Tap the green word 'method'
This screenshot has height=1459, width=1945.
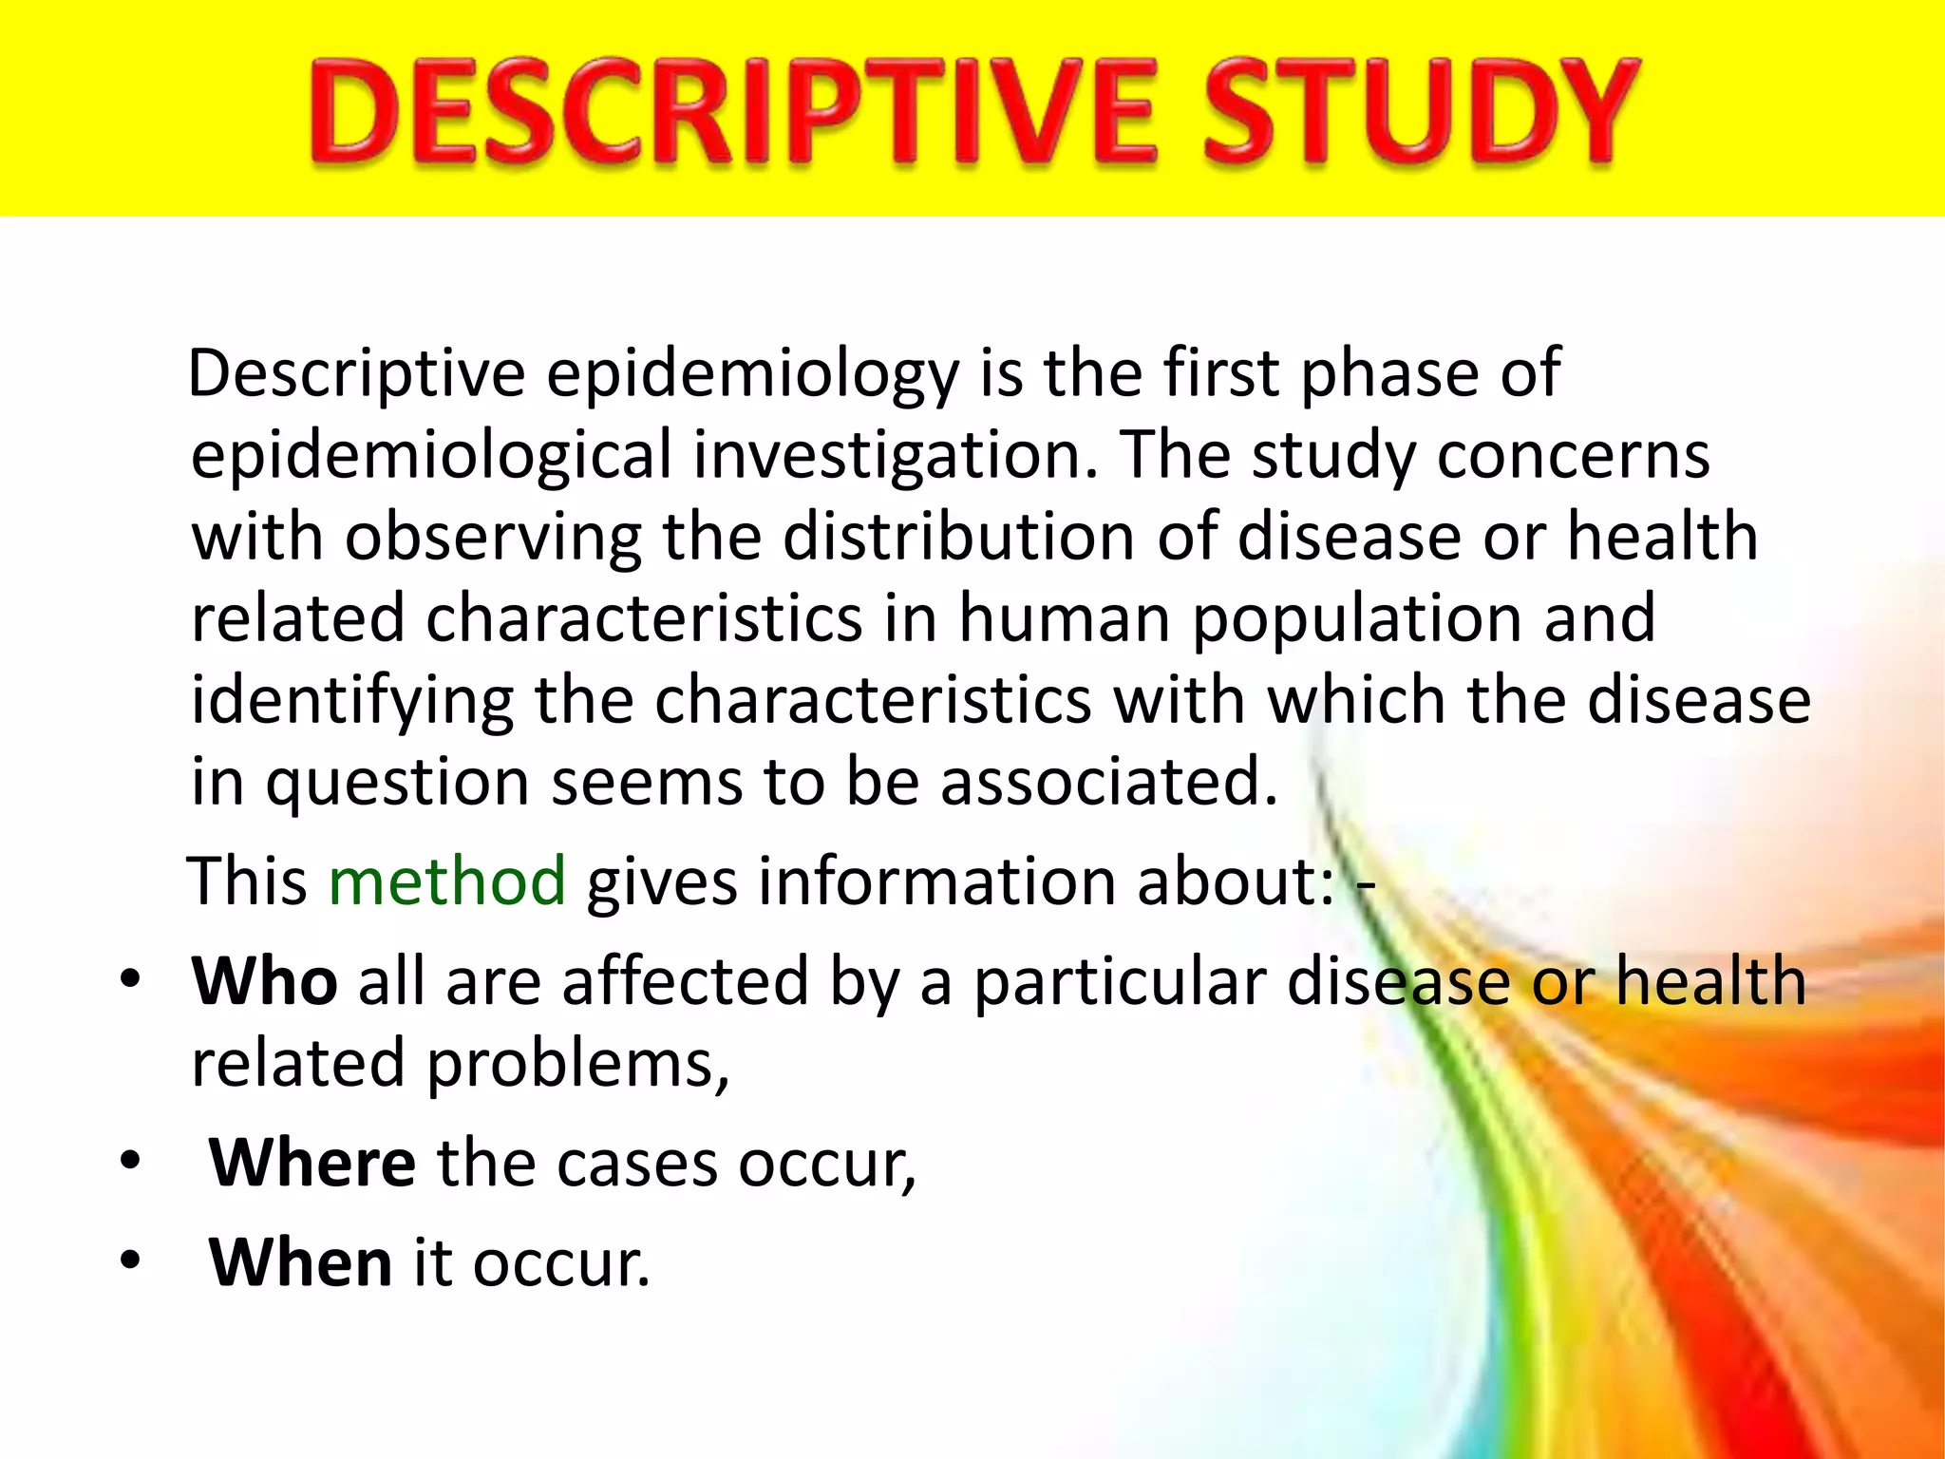tap(446, 881)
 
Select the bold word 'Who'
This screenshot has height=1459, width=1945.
tap(264, 980)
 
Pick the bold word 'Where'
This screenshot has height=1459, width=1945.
tap(312, 1163)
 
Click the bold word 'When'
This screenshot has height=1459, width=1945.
tap(300, 1262)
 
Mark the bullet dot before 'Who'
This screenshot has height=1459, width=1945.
tap(130, 978)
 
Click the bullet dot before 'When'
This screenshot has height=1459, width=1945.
tap(130, 1260)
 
